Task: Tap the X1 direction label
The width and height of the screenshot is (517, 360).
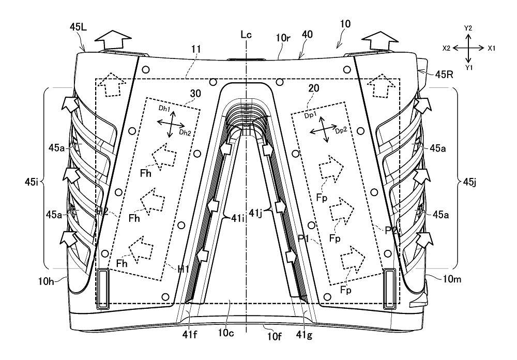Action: pos(492,47)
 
